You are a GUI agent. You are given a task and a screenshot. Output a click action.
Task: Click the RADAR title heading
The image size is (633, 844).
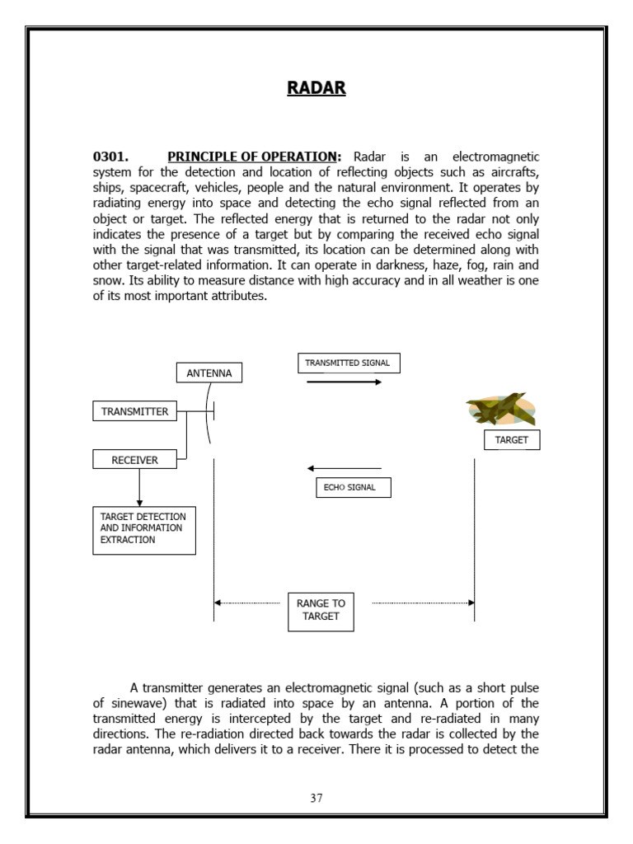[x=316, y=88]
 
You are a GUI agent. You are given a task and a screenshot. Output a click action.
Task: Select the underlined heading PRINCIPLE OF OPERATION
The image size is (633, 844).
[x=254, y=157]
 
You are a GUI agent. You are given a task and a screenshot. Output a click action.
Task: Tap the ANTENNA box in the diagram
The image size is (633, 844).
[x=209, y=373]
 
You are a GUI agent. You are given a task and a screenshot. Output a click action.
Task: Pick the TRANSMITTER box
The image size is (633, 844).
[x=134, y=411]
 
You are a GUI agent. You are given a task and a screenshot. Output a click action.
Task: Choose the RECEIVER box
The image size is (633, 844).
[x=135, y=460]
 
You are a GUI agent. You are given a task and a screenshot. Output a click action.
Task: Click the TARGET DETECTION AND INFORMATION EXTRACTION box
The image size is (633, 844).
[x=143, y=528]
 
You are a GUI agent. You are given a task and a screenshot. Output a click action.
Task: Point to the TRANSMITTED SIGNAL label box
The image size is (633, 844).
[x=349, y=363]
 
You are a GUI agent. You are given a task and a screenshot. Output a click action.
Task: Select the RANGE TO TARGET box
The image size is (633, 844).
[x=321, y=610]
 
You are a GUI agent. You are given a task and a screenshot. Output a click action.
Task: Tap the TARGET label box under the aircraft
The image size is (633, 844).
[x=511, y=440]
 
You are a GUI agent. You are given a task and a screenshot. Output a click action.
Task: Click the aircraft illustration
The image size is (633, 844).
[x=501, y=408]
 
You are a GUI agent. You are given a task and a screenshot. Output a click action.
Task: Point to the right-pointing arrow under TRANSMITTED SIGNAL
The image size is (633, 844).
[x=345, y=382]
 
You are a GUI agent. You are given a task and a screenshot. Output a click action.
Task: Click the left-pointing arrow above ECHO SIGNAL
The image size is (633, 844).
[x=345, y=468]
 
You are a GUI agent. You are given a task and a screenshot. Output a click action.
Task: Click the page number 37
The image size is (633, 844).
[x=316, y=798]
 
